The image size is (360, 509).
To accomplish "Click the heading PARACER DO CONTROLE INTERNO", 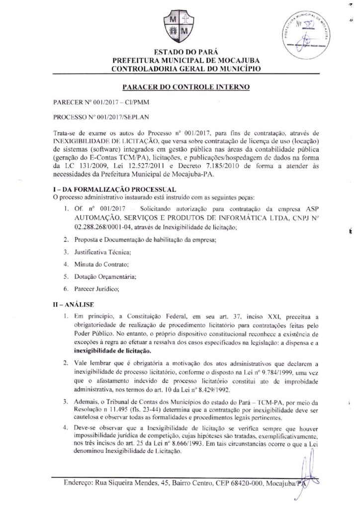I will point(180,86).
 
